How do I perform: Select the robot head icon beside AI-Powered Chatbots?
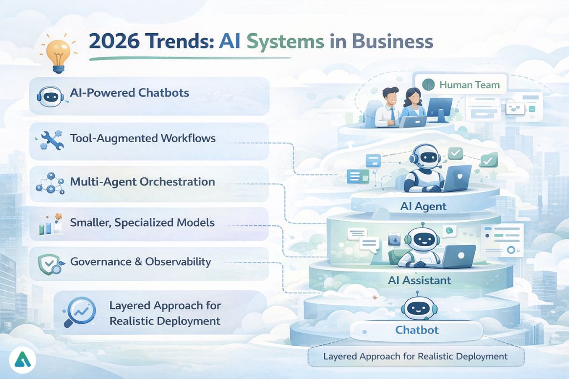49,96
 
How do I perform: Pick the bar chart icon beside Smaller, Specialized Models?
50,224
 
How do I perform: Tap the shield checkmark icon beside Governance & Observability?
49,264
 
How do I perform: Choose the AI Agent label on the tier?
423,206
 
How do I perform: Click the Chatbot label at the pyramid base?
417,330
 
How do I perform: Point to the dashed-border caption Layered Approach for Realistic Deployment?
415,357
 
